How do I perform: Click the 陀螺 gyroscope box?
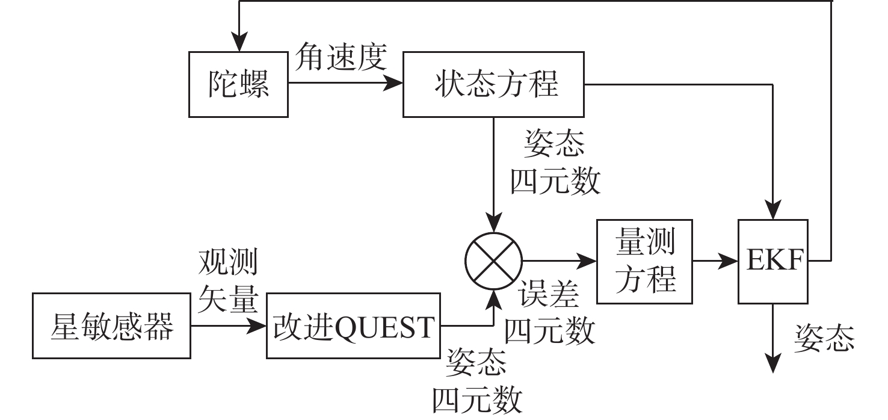[239, 84]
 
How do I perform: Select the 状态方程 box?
[493, 84]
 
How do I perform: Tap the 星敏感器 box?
[111, 327]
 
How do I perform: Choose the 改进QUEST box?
[353, 327]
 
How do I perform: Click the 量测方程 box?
[644, 261]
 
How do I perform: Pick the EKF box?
[774, 261]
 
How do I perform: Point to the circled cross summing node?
[493, 261]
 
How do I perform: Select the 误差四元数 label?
[549, 312]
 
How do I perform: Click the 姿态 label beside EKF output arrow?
[824, 338]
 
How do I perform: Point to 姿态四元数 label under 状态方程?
[555, 162]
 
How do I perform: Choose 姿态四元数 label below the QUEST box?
[476, 380]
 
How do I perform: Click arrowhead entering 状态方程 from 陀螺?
[395, 84]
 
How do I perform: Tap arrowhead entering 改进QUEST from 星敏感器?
[259, 327]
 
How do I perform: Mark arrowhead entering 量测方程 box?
[588, 261]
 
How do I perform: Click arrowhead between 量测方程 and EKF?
[731, 261]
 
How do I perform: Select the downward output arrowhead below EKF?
[774, 365]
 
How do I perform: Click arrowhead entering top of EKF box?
[774, 213]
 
